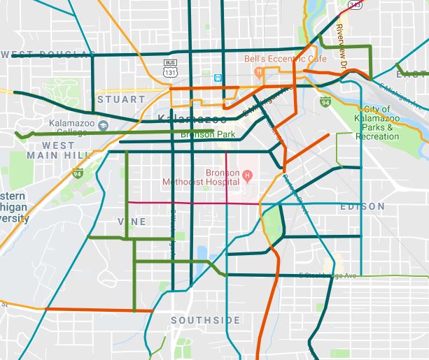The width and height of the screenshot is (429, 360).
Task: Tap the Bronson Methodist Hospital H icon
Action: pyautogui.click(x=246, y=174)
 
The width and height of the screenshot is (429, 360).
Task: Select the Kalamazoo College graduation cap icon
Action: pyautogui.click(x=103, y=125)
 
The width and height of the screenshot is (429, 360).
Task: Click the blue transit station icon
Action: pyautogui.click(x=219, y=78)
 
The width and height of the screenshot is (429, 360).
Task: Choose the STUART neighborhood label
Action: pyautogui.click(x=122, y=99)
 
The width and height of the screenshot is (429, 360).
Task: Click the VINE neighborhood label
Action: pyautogui.click(x=132, y=222)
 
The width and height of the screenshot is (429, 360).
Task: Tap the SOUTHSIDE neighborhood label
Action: pyautogui.click(x=205, y=320)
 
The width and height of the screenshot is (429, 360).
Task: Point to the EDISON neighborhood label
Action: pyautogui.click(x=362, y=206)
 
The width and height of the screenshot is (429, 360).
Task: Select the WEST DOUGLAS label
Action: pyautogui.click(x=48, y=55)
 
